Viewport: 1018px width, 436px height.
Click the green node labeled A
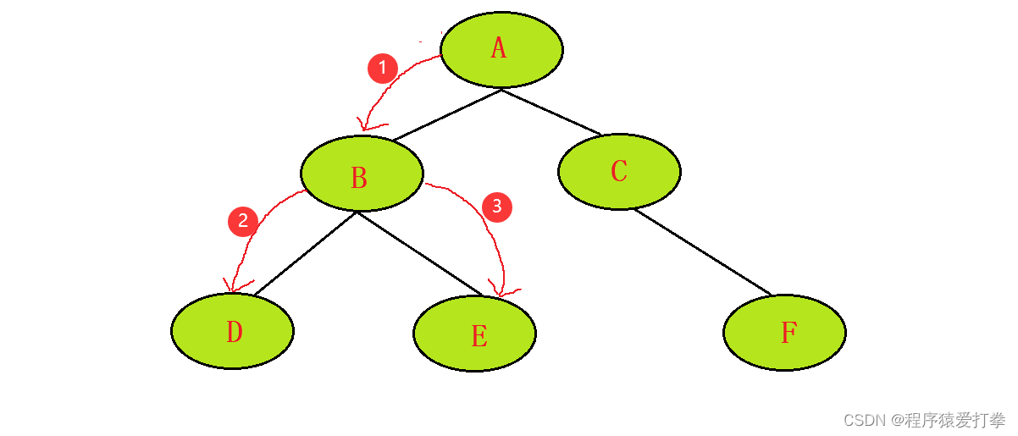501,50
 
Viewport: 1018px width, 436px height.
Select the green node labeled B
362,174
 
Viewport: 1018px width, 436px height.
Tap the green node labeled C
619,171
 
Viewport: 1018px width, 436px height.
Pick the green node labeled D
232,331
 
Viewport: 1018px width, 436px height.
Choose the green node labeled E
475,334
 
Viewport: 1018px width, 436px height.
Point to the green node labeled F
784,333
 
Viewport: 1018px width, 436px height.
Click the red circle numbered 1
383,68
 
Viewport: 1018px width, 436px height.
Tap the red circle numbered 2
243,222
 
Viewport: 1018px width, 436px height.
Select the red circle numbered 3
497,207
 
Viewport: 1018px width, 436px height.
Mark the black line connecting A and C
550,112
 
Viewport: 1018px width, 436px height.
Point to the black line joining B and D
305,253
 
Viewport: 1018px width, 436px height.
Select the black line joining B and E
419,253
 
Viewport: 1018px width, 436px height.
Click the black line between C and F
703,251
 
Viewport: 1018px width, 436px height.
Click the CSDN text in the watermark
863,420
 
